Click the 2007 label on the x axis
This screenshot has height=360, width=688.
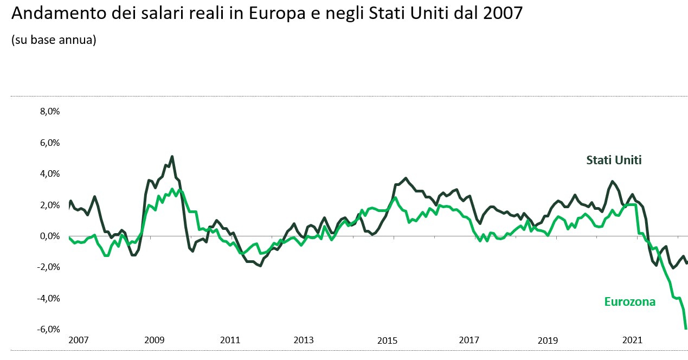click(x=78, y=340)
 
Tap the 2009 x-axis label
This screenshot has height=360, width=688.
click(x=154, y=340)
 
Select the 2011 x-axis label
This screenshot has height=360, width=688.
click(x=230, y=340)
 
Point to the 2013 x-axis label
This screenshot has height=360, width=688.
click(x=304, y=340)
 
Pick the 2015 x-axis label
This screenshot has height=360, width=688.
click(x=387, y=340)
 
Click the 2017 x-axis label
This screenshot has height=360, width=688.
click(x=469, y=340)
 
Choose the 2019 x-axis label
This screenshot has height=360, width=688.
click(x=548, y=340)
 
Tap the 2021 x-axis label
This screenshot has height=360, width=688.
click(x=632, y=340)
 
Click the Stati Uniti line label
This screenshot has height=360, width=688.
click(x=614, y=160)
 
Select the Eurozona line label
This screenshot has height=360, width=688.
click(x=629, y=302)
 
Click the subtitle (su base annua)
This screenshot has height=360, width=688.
click(x=54, y=41)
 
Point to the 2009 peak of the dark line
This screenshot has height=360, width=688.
click(x=172, y=157)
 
